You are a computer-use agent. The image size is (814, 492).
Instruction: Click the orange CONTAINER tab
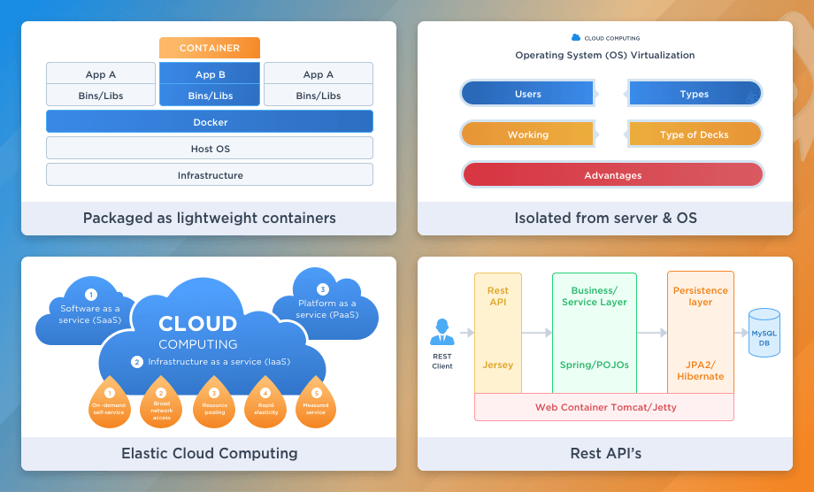[210, 48]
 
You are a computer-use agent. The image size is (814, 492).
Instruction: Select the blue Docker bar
[210, 122]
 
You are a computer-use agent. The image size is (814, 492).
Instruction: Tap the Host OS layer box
[210, 149]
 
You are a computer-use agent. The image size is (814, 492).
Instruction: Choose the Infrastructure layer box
[210, 175]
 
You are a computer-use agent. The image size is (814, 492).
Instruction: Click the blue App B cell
[210, 74]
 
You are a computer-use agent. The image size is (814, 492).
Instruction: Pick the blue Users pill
[527, 94]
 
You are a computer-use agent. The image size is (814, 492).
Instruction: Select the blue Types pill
[695, 94]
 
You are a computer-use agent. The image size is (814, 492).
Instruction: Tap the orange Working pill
[527, 135]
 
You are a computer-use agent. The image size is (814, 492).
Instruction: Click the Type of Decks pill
[695, 135]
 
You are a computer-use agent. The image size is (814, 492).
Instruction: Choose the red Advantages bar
[612, 175]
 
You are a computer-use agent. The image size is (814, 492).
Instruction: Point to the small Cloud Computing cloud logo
[576, 38]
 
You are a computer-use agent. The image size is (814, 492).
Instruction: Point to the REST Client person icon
[442, 333]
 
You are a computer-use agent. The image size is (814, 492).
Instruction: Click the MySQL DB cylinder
[764, 333]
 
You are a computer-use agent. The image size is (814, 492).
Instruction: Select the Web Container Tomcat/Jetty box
[604, 407]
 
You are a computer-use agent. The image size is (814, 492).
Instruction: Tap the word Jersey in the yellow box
[498, 364]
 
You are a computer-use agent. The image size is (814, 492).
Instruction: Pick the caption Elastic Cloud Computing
[209, 454]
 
